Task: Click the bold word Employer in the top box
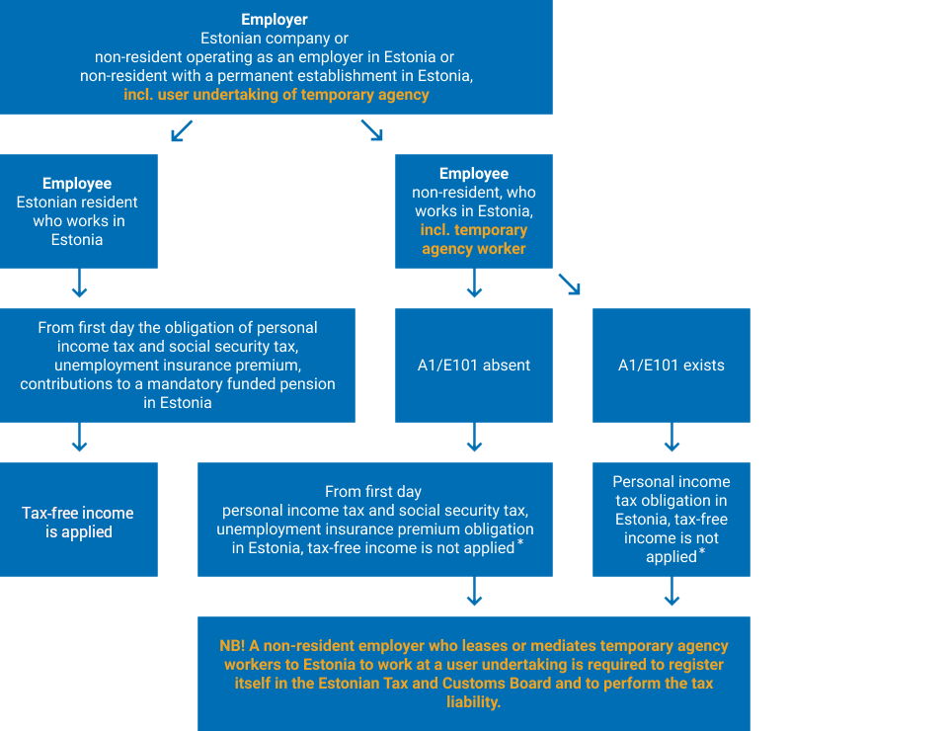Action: (275, 20)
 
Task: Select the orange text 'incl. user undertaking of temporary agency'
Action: (276, 95)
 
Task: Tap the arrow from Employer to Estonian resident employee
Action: (182, 130)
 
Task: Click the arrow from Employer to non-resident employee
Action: (372, 130)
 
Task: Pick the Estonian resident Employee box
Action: (79, 211)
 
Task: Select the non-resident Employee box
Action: (474, 211)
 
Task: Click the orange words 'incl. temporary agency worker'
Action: (474, 239)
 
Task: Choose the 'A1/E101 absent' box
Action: (474, 365)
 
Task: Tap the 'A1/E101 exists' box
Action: (671, 365)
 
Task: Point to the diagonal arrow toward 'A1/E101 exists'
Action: (570, 284)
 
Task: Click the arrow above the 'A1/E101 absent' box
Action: (475, 283)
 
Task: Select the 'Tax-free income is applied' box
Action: (79, 520)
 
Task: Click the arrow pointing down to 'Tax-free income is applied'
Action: (79, 438)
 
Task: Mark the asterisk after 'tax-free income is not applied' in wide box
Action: (520, 541)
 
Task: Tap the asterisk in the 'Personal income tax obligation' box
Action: (702, 551)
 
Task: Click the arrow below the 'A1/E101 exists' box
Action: (671, 438)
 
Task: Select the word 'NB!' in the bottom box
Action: (232, 646)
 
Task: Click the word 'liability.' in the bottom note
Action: (474, 702)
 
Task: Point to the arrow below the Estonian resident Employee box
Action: (79, 283)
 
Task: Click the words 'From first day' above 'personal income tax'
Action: (373, 492)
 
